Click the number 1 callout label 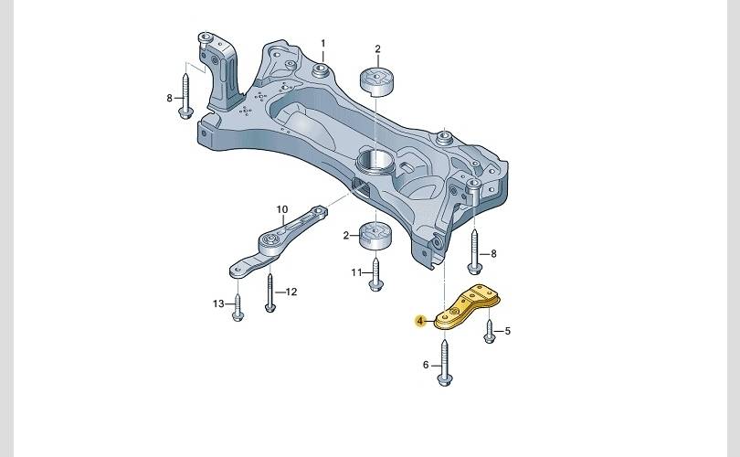[x=323, y=44]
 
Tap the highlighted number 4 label [x=420, y=322]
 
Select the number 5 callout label [x=507, y=331]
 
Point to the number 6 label [x=426, y=365]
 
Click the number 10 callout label [x=281, y=209]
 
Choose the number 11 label [x=356, y=272]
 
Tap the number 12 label [x=291, y=292]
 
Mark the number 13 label [x=218, y=303]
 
